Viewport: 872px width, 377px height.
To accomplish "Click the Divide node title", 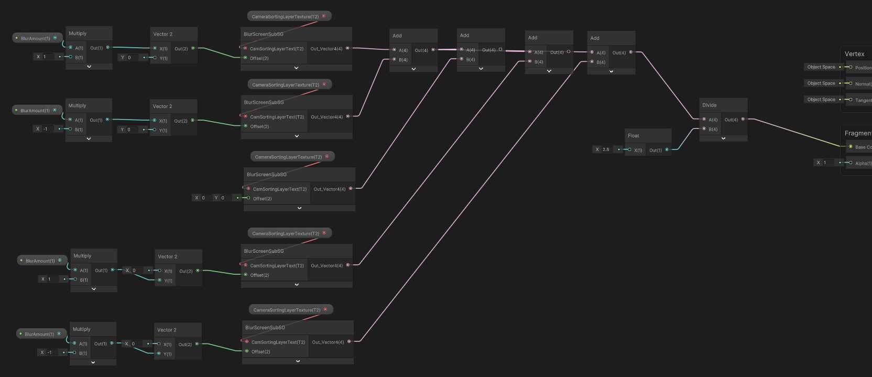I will (710, 105).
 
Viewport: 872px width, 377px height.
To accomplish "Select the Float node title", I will (634, 136).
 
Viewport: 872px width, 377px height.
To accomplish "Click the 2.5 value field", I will (606, 149).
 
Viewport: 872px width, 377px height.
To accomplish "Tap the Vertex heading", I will (854, 54).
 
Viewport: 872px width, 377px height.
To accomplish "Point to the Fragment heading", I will (857, 133).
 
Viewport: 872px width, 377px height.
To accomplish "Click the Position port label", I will (863, 68).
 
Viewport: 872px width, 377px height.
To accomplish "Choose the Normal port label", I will (863, 84).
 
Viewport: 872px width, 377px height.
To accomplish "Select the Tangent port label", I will (863, 100).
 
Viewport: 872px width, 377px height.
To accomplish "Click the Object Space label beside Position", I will (821, 67).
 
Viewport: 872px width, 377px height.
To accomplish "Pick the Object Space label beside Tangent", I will (821, 100).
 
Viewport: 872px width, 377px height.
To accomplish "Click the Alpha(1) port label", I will (863, 164).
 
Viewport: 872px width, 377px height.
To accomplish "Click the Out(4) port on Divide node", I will (743, 119).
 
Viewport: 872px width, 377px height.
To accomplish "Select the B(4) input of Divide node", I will (704, 129).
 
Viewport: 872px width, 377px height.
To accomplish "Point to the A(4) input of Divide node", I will (704, 120).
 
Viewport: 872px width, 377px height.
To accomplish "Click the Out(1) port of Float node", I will (667, 150).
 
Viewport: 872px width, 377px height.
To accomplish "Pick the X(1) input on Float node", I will (629, 150).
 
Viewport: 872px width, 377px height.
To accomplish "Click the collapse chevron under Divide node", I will (723, 138).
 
